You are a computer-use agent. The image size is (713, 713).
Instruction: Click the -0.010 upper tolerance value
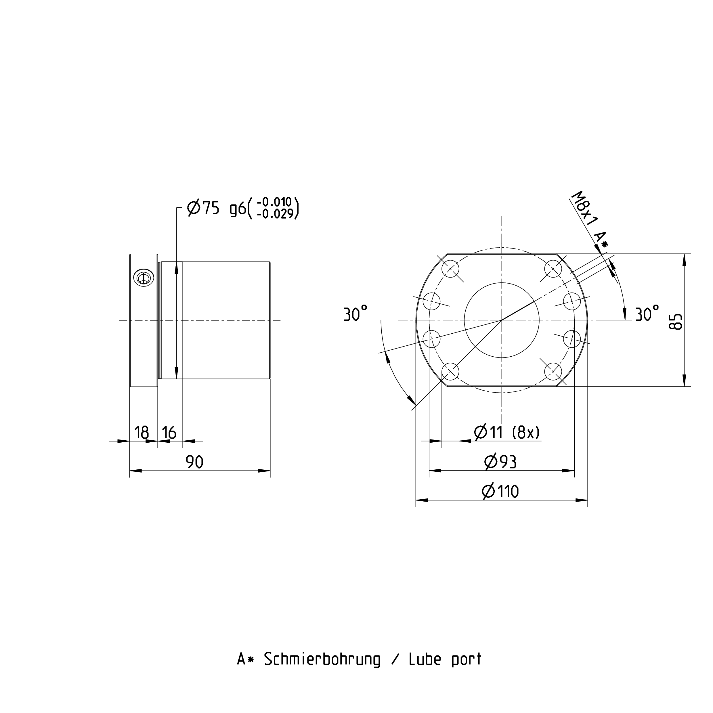[274, 202]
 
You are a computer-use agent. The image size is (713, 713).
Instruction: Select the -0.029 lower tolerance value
[274, 214]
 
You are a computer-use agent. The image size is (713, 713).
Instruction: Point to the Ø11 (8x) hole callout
[507, 432]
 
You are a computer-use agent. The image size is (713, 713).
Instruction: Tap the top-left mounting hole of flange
[450, 268]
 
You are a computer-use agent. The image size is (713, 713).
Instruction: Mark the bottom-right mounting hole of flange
[553, 371]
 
